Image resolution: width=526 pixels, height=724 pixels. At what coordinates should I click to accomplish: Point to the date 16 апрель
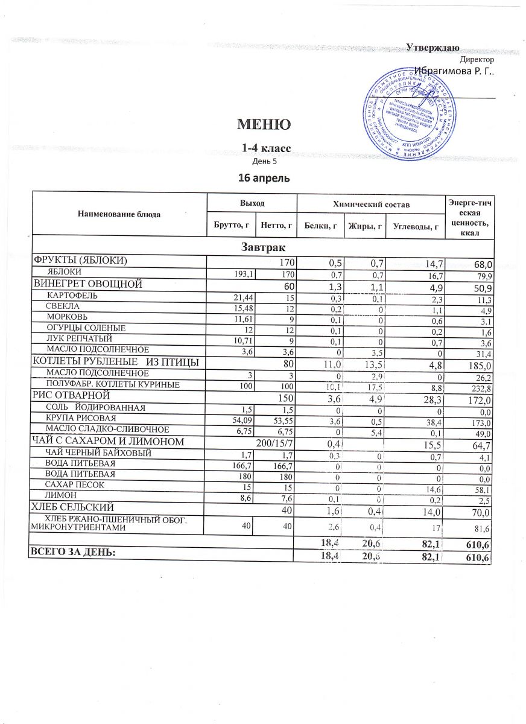click(265, 178)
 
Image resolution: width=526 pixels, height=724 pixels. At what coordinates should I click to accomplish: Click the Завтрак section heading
click(263, 247)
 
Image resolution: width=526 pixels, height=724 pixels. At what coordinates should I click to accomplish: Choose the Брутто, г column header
click(231, 225)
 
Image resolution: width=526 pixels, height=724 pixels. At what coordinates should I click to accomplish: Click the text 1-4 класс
click(265, 148)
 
